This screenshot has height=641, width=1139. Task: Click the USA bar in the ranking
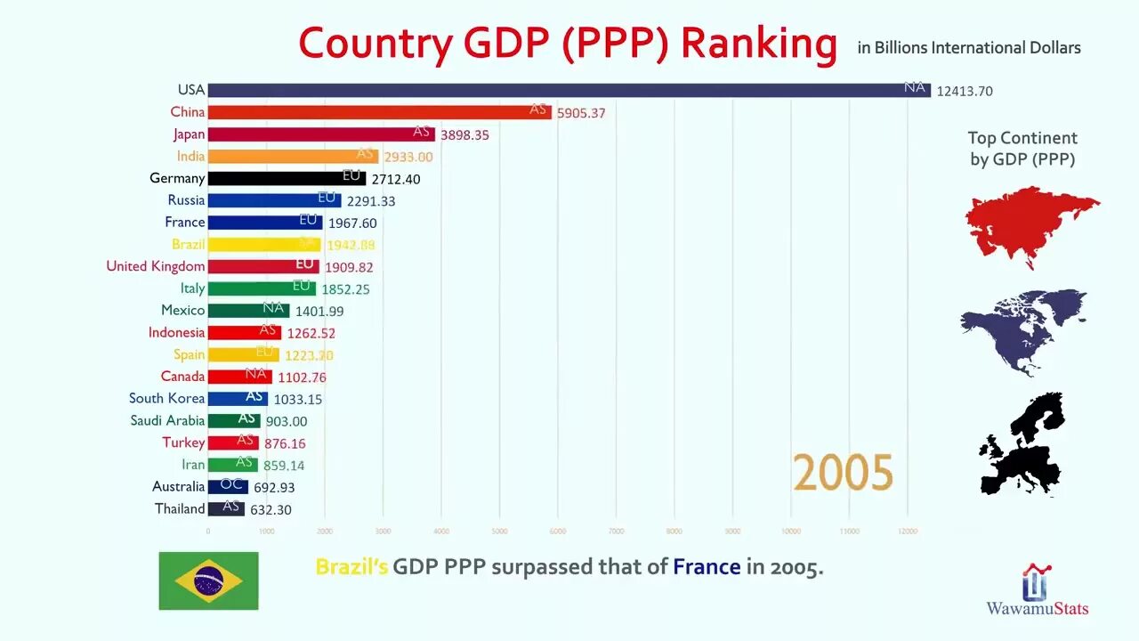[x=569, y=90]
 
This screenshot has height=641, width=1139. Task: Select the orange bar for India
[x=294, y=156]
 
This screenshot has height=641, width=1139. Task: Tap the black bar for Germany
[x=287, y=178]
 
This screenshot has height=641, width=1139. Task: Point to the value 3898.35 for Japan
[x=464, y=134]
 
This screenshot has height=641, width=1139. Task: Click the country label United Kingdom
[x=156, y=266]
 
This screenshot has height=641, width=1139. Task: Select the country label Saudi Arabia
[x=167, y=420]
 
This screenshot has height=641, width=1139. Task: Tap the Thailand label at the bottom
[x=180, y=508]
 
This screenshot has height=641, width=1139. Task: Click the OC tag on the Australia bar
[x=232, y=486]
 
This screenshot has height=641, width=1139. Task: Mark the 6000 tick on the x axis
[x=558, y=531]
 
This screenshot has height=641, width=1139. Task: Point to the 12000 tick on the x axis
[x=908, y=531]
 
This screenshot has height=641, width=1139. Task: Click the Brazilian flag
[x=208, y=580]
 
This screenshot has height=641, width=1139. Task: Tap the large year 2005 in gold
[x=843, y=472]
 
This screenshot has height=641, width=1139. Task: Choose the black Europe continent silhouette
[x=1023, y=445]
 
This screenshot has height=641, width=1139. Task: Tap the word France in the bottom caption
[x=707, y=566]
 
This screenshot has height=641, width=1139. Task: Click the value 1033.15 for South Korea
[x=298, y=399]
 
